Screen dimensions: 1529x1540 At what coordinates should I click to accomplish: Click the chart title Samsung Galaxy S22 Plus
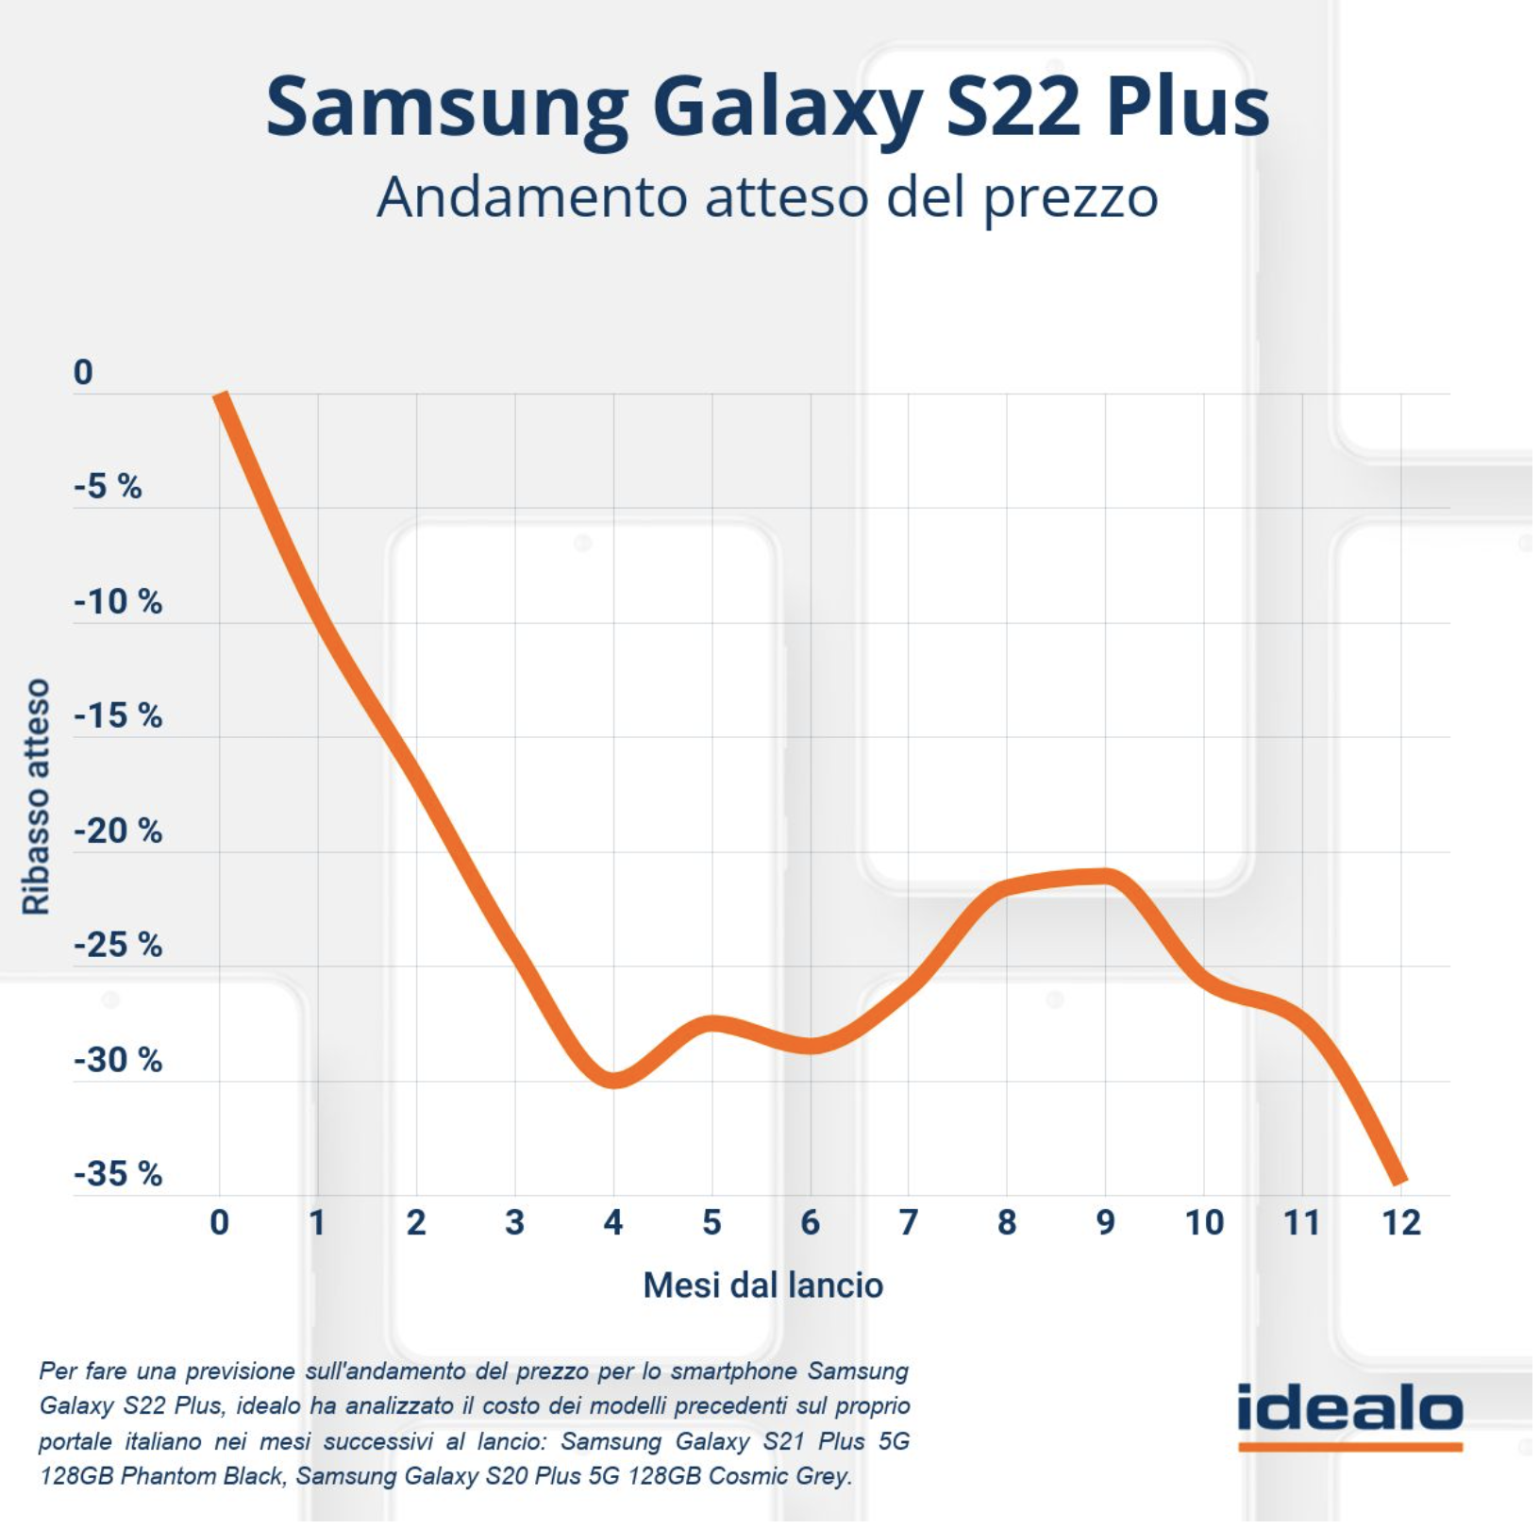(x=767, y=107)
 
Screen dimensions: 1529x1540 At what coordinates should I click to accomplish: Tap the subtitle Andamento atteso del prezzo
(x=767, y=197)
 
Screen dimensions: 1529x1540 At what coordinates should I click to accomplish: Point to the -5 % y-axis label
(x=108, y=487)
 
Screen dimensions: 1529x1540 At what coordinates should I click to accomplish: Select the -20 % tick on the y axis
(x=118, y=832)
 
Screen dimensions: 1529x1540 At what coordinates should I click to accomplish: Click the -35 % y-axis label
(x=118, y=1174)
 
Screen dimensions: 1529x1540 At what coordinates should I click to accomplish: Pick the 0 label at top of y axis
(x=83, y=373)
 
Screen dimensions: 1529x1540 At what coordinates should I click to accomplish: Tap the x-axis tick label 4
(x=613, y=1223)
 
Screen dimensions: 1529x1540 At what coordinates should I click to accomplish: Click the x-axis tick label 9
(x=1105, y=1223)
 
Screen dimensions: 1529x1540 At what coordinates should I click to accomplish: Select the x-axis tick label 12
(x=1400, y=1223)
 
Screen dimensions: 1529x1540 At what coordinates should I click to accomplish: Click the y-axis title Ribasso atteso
(x=36, y=796)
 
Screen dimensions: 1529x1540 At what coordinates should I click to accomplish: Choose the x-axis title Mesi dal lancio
(x=762, y=1285)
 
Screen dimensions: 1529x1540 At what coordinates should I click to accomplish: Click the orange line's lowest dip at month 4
(x=613, y=1080)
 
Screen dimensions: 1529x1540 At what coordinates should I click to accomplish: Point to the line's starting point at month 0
(x=221, y=396)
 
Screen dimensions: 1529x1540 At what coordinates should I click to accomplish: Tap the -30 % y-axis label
(x=118, y=1061)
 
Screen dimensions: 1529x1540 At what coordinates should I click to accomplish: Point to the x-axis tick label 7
(x=908, y=1223)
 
